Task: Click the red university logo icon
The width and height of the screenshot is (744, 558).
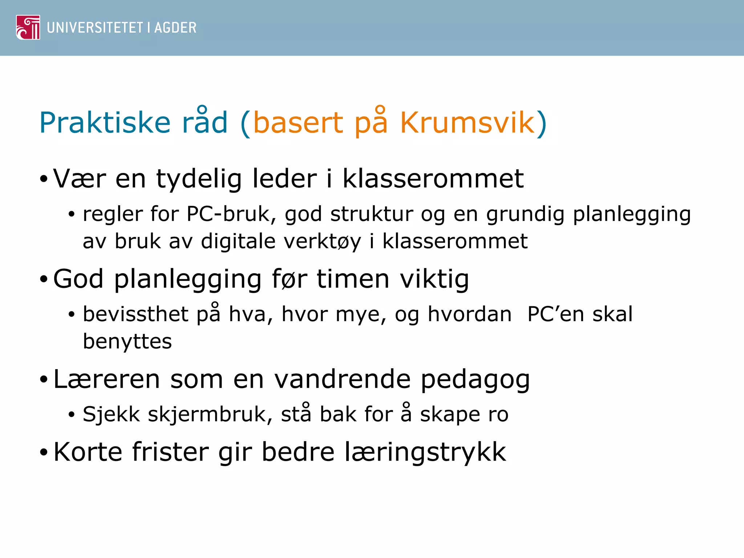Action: (x=28, y=27)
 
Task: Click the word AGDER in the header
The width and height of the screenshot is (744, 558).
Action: (x=175, y=28)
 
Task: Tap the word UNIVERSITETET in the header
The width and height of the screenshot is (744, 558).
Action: (x=95, y=28)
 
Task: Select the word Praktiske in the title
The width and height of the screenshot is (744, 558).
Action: (x=105, y=123)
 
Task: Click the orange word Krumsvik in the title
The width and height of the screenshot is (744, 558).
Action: (x=468, y=123)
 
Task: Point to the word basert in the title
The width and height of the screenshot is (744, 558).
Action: (x=298, y=123)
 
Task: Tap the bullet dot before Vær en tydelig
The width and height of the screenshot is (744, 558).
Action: (x=44, y=179)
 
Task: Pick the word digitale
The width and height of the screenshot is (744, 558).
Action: (x=238, y=241)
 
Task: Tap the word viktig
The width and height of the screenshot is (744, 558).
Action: (x=434, y=279)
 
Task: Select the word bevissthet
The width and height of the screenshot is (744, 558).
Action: (x=135, y=314)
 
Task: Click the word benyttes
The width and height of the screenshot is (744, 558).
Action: (x=127, y=342)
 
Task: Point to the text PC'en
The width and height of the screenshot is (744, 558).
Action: (x=555, y=314)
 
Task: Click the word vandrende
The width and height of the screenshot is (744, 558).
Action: (x=342, y=379)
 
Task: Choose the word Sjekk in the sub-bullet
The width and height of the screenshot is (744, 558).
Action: (x=111, y=414)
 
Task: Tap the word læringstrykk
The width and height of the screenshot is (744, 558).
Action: (x=425, y=452)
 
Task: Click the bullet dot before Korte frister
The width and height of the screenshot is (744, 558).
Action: (x=44, y=453)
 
